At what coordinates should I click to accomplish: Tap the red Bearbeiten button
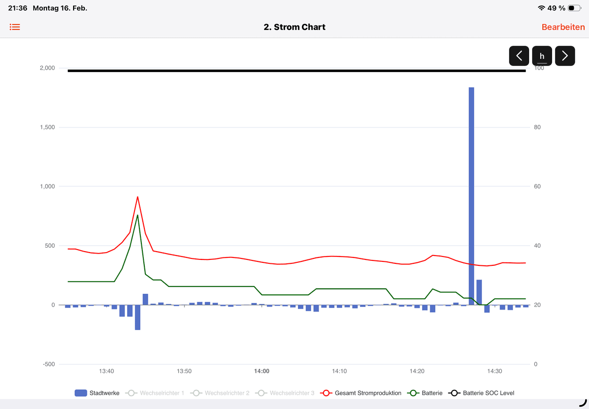[x=563, y=27]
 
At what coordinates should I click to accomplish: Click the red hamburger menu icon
[x=15, y=27]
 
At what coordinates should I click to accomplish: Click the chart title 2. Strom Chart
[x=294, y=27]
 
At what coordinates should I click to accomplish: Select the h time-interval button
[x=542, y=56]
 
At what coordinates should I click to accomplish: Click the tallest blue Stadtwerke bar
[x=471, y=196]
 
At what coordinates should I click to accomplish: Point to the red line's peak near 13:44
[x=137, y=197]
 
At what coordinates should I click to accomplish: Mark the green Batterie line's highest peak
[x=137, y=215]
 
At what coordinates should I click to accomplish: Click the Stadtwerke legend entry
[x=97, y=393]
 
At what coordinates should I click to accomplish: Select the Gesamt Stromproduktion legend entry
[x=361, y=393]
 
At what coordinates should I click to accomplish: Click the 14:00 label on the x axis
[x=262, y=371]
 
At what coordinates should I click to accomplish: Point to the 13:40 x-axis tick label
[x=107, y=371]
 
